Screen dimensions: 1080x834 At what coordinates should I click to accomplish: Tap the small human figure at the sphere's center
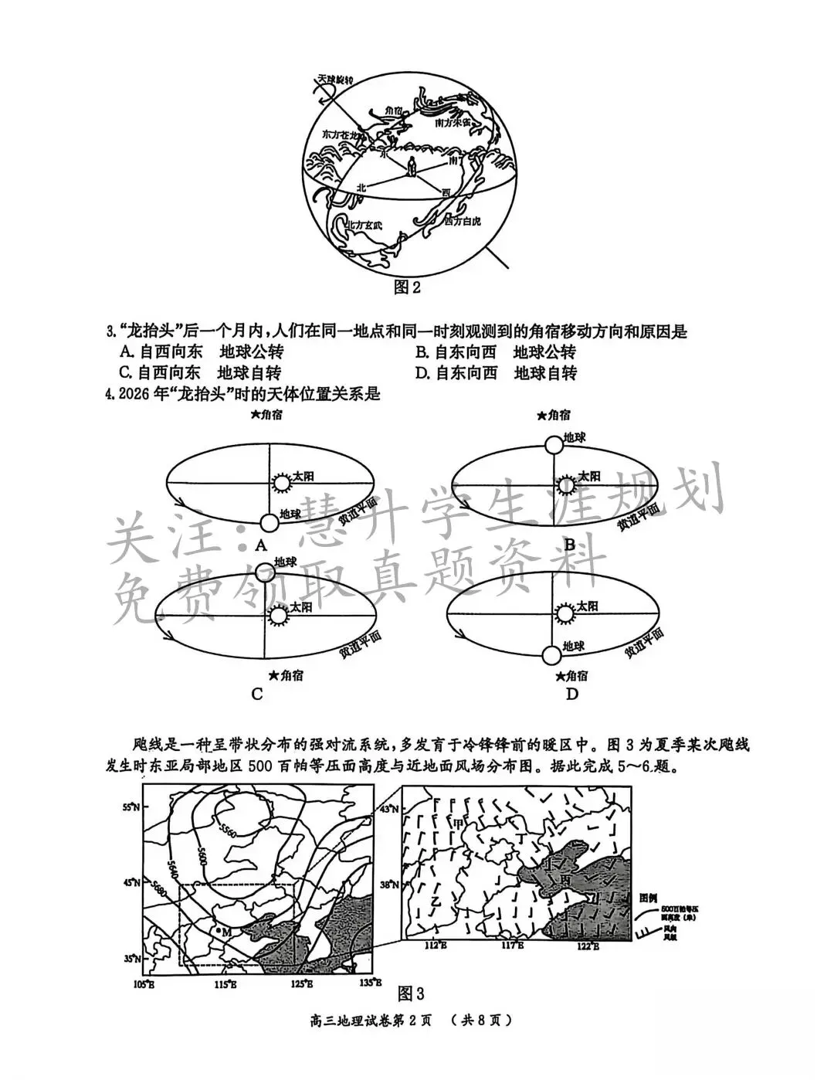[x=412, y=166]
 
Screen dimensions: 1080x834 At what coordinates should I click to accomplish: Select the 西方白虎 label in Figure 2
[x=463, y=221]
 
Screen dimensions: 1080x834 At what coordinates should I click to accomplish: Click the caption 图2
[x=407, y=287]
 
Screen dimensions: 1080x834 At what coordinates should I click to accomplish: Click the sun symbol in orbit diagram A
[x=279, y=483]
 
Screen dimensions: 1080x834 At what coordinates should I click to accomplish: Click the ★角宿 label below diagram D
[x=571, y=676]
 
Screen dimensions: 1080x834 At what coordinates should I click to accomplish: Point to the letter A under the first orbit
[x=260, y=545]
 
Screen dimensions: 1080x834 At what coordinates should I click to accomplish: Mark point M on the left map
[x=219, y=931]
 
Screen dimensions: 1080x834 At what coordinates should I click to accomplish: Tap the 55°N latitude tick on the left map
[x=131, y=807]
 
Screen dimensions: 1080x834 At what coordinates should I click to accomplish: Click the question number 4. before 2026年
[x=110, y=394]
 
